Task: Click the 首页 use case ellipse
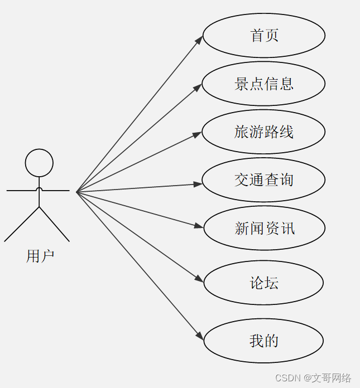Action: (264, 36)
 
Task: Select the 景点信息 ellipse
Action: (263, 84)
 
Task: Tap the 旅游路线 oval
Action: (263, 132)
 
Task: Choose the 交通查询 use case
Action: (263, 180)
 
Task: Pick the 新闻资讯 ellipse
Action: (264, 229)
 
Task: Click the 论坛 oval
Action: (263, 283)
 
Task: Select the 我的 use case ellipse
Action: (263, 341)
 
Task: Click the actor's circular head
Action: (39, 163)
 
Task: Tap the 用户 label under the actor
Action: (40, 256)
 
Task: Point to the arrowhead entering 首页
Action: (199, 40)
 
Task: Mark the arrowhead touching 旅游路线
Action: (198, 134)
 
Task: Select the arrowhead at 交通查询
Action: (198, 183)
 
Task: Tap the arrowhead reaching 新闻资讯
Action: (199, 226)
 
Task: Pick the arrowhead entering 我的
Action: (200, 336)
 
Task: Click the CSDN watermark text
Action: (313, 378)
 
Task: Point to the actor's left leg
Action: (22, 224)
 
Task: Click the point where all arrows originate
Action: (76, 192)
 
